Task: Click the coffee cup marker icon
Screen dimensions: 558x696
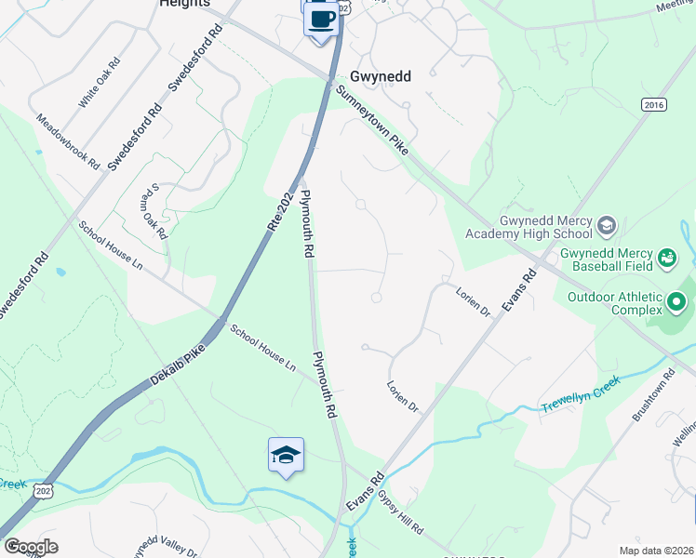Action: (x=321, y=19)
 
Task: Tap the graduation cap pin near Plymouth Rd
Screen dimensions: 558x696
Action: (x=286, y=455)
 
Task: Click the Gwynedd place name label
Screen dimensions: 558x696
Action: (x=381, y=77)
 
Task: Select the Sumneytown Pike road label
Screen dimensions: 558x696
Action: (x=373, y=119)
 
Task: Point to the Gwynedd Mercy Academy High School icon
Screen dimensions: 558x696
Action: (x=607, y=225)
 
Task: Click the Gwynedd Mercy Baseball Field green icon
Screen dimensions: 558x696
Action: (x=666, y=257)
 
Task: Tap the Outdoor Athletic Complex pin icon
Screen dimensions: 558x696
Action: (x=677, y=302)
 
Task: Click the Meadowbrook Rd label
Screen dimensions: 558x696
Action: (x=68, y=140)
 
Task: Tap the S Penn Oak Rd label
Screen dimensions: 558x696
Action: (x=153, y=211)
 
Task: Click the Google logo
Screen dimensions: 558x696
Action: (x=31, y=547)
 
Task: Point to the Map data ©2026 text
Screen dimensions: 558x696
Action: (x=656, y=549)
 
